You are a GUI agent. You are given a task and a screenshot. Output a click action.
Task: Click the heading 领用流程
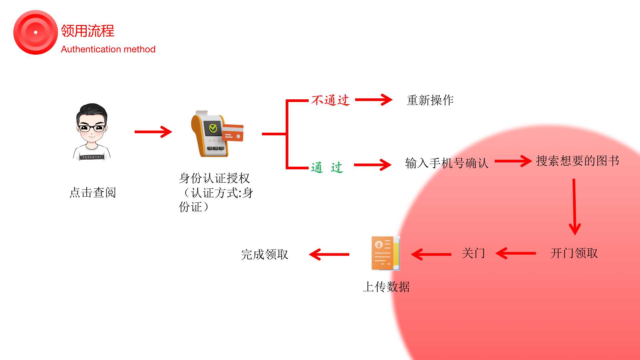pyautogui.click(x=87, y=31)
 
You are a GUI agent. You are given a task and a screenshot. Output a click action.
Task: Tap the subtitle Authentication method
pyautogui.click(x=108, y=49)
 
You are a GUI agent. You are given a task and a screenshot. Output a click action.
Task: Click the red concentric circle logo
pyautogui.click(x=35, y=32)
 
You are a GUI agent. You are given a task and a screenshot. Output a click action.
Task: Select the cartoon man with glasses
pyautogui.click(x=92, y=132)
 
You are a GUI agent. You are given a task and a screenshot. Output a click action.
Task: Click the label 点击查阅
pyautogui.click(x=93, y=192)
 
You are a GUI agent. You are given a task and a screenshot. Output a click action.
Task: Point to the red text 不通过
pyautogui.click(x=330, y=100)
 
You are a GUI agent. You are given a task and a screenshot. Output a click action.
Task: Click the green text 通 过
pyautogui.click(x=327, y=167)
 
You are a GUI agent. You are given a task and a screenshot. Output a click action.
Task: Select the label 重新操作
pyautogui.click(x=430, y=100)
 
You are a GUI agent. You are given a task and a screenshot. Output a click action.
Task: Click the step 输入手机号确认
pyautogui.click(x=447, y=163)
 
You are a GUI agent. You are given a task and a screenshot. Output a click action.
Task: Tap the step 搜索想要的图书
pyautogui.click(x=577, y=161)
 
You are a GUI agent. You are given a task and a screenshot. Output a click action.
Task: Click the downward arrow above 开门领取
pyautogui.click(x=574, y=207)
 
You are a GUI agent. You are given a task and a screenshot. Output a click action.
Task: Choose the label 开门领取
pyautogui.click(x=574, y=253)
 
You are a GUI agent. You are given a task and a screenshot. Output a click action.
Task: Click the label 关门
pyautogui.click(x=473, y=253)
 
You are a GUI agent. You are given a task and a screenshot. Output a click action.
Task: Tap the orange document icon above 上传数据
pyautogui.click(x=386, y=253)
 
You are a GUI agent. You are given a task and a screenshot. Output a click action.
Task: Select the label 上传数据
pyautogui.click(x=386, y=287)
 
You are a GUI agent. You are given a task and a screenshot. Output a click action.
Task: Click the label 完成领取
pyautogui.click(x=265, y=254)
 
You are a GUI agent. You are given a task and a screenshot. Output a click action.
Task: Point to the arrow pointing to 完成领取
pyautogui.click(x=329, y=254)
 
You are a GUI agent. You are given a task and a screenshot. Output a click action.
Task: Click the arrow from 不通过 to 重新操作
pyautogui.click(x=374, y=100)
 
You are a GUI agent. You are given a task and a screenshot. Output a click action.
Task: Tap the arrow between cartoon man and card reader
pyautogui.click(x=153, y=132)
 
